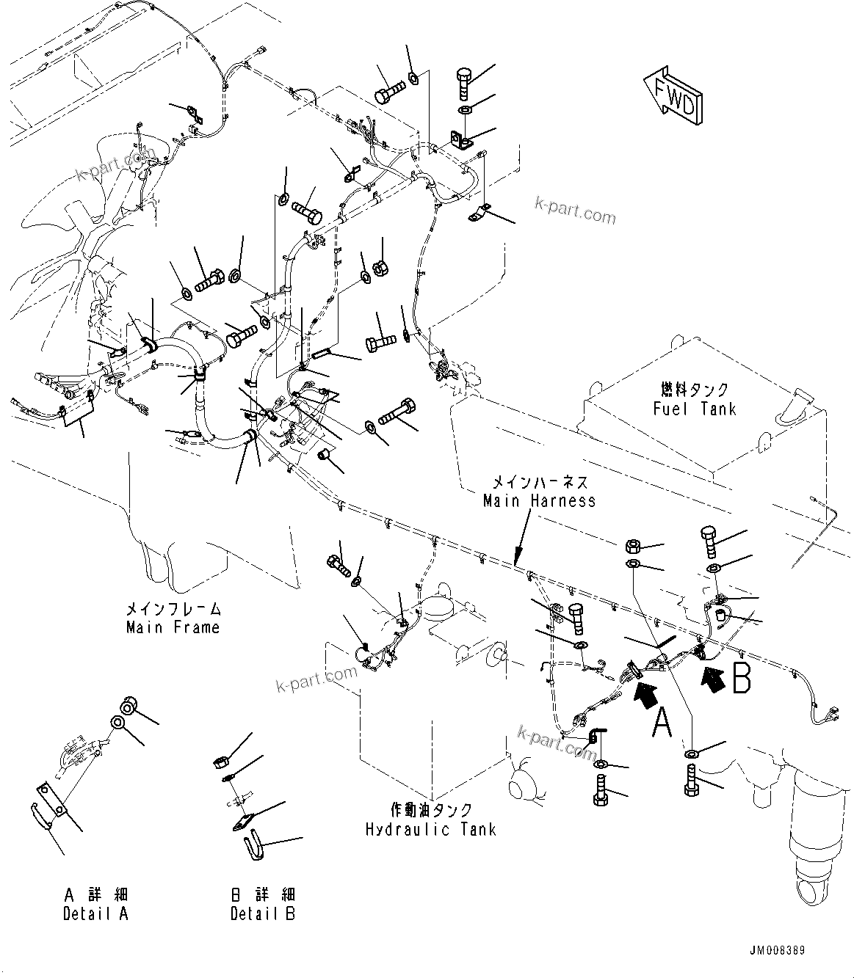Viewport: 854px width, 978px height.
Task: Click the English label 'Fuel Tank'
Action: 694,409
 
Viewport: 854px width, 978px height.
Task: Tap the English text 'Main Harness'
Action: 539,500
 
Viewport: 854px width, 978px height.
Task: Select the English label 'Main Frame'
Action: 173,627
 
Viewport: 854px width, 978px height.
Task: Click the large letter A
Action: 662,722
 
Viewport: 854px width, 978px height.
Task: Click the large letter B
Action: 741,679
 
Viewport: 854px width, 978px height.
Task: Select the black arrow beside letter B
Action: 714,677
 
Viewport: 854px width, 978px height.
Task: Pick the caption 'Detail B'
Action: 262,913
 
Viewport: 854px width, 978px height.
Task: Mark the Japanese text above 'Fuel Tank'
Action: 694,390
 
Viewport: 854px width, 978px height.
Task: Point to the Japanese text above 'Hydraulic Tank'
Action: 431,811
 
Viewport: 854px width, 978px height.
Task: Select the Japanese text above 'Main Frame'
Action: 173,609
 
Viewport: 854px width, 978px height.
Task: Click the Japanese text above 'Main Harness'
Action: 539,483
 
